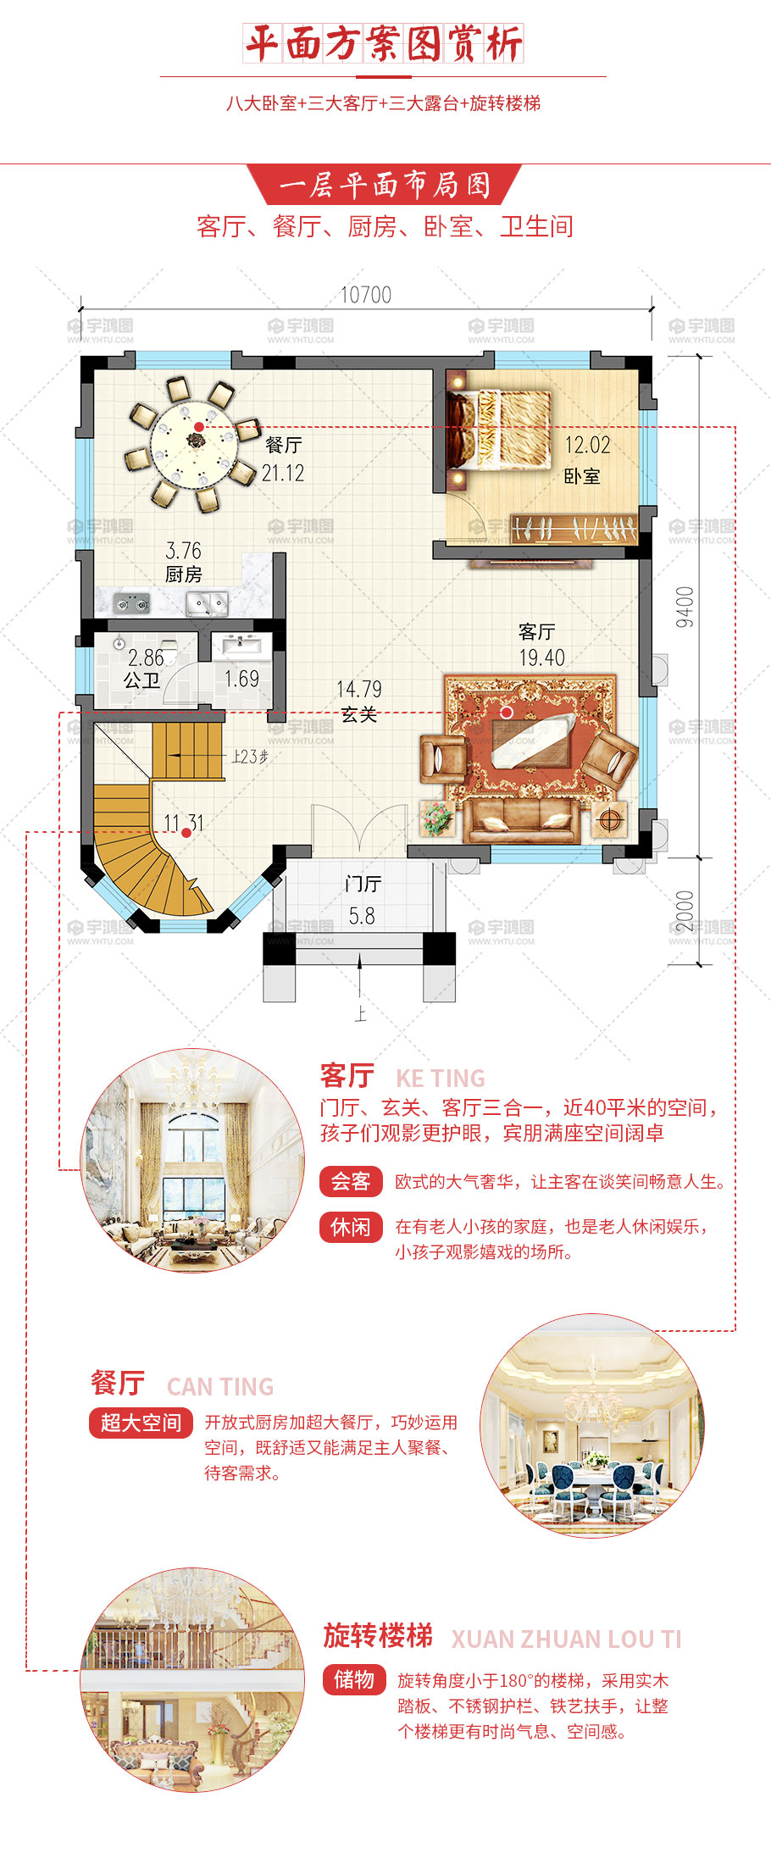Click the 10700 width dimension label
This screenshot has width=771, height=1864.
[x=366, y=295]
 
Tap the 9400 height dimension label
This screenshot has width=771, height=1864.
[x=685, y=607]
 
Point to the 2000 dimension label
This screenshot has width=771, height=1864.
[x=685, y=910]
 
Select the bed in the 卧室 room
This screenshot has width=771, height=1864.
[x=499, y=429]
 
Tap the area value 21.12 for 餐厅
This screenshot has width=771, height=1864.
[x=283, y=473]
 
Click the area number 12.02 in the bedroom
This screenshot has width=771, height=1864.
[x=587, y=445]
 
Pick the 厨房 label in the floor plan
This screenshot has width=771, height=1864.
[x=183, y=574]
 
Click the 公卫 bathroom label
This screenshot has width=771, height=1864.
[x=141, y=680]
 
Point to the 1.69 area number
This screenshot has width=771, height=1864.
[x=241, y=679]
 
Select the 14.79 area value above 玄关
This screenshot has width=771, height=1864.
[x=359, y=689]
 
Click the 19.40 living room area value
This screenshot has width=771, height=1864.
[x=542, y=657]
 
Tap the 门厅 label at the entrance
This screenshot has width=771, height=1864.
[x=363, y=884]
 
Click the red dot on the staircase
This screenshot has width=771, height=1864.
[x=186, y=833]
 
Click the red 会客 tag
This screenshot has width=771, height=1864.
[x=351, y=1181]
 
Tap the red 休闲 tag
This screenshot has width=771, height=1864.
[x=351, y=1227]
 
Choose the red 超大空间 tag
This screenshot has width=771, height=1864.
[x=141, y=1422]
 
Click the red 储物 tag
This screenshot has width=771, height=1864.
[x=354, y=1678]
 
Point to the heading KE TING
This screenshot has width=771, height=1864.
[x=441, y=1079]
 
